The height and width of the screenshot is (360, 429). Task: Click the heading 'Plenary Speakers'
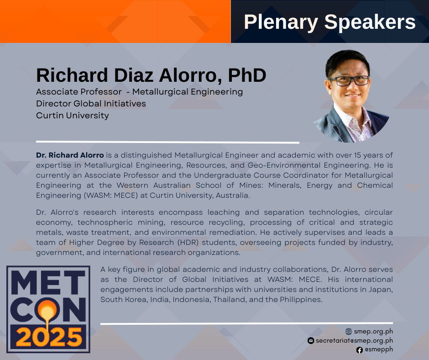click(x=330, y=22)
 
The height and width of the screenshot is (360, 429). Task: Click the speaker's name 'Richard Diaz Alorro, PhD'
click(x=151, y=75)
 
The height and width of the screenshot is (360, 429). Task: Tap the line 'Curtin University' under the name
click(x=73, y=116)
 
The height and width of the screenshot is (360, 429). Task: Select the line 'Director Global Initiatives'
click(x=91, y=104)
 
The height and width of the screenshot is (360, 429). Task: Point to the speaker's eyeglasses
click(x=350, y=81)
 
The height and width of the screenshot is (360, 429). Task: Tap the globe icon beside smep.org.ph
click(x=349, y=332)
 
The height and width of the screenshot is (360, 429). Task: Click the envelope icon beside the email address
click(x=311, y=340)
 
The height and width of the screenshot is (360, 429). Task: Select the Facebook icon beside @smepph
click(x=360, y=350)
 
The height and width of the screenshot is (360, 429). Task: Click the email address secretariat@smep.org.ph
click(x=354, y=340)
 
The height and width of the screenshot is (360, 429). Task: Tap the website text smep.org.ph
click(x=373, y=332)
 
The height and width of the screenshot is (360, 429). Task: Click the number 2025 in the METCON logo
click(x=49, y=337)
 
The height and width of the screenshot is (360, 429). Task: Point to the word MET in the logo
click(x=48, y=282)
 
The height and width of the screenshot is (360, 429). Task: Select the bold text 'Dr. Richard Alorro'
click(x=70, y=155)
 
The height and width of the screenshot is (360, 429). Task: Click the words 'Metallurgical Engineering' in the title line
click(x=188, y=92)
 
